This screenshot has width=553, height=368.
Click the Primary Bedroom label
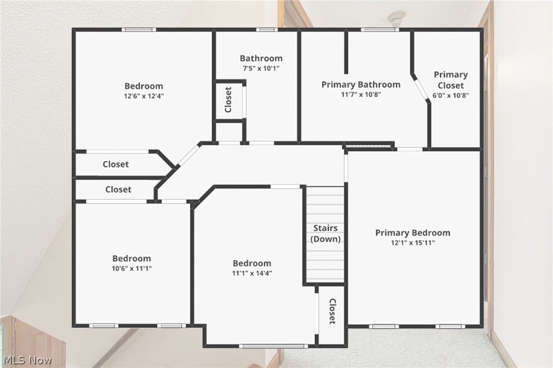click(412, 233)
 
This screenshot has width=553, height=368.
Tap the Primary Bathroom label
click(361, 84)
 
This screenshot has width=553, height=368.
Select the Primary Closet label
click(451, 80)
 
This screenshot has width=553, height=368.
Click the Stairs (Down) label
click(325, 234)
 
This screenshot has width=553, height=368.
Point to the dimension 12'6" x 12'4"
click(144, 96)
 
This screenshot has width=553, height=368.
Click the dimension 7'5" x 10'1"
click(261, 68)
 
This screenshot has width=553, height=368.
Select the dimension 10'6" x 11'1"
click(131, 268)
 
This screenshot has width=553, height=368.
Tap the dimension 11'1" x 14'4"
click(252, 273)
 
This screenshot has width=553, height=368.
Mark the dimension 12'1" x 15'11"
click(412, 243)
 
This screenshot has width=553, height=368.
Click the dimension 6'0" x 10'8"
click(451, 95)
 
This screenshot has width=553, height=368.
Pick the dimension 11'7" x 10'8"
click(361, 94)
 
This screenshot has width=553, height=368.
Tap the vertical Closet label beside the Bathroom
click(228, 100)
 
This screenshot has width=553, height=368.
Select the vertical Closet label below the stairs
click(332, 312)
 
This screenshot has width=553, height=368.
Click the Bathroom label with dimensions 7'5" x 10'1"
click(261, 58)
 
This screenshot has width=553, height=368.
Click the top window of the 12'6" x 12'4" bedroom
click(139, 30)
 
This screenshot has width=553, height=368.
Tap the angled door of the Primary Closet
click(421, 89)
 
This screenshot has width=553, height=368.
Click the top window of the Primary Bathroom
click(379, 30)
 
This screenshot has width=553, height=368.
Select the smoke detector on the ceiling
click(396, 18)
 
